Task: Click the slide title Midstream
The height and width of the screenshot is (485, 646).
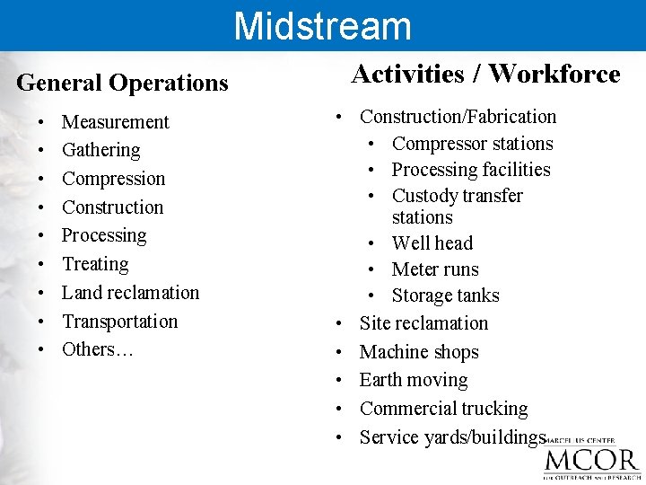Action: [322, 25]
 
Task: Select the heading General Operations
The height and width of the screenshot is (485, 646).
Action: [122, 83]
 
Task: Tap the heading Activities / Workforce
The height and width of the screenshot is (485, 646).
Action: [485, 74]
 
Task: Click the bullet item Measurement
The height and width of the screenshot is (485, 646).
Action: [115, 122]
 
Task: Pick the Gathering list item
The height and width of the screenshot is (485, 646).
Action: [100, 150]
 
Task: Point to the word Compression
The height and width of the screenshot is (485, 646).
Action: [113, 179]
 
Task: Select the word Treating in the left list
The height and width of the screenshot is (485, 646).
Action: [95, 264]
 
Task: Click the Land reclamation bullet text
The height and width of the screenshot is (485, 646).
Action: [130, 293]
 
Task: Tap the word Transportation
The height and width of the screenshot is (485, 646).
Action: [119, 322]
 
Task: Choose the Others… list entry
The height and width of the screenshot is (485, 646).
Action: [97, 349]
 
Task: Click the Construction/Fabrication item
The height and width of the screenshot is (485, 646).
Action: [458, 117]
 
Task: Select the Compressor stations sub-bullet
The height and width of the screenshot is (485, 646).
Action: [472, 144]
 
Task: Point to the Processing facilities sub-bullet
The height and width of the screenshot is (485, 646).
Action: [471, 170]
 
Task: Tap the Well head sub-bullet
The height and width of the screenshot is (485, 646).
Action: [432, 243]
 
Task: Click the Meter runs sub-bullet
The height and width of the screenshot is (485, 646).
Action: [435, 269]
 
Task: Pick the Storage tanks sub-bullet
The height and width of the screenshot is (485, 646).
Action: [445, 295]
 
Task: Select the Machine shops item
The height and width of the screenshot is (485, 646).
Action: [419, 352]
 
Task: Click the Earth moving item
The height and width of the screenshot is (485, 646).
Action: [413, 380]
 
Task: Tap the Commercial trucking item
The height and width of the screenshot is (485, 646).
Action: [443, 409]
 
